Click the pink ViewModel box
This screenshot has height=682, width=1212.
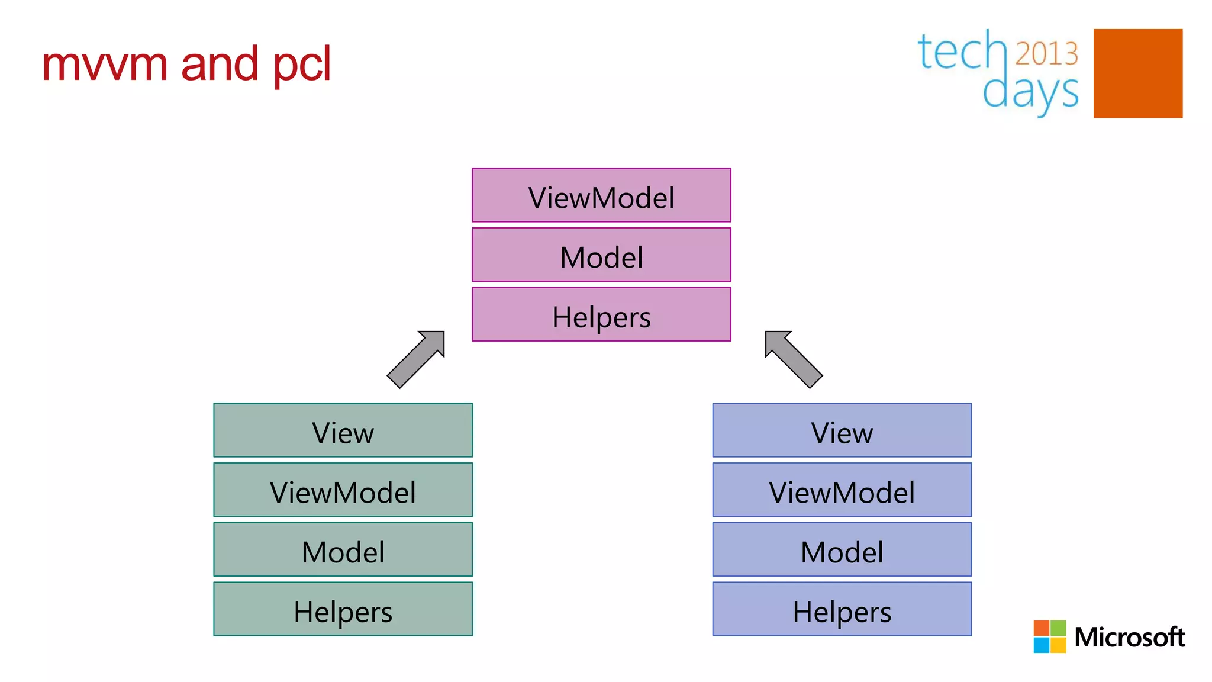click(x=601, y=195)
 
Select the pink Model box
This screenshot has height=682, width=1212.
click(x=601, y=255)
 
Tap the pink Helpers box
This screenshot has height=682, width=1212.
click(x=601, y=314)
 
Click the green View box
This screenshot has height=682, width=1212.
click(x=343, y=430)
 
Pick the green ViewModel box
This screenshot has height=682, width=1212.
click(x=343, y=490)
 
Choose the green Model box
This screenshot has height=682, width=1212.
click(x=343, y=549)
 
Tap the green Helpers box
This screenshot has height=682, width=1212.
click(x=343, y=609)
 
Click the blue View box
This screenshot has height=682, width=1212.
click(x=842, y=430)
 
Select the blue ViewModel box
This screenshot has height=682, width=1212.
click(x=842, y=490)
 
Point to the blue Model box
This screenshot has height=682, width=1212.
click(x=842, y=549)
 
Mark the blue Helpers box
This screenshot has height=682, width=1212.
click(x=842, y=609)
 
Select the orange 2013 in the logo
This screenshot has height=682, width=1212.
click(x=1046, y=53)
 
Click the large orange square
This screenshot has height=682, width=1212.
click(x=1137, y=73)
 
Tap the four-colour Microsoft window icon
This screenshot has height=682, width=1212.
click(x=1049, y=636)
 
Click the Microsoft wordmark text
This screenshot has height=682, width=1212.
click(x=1129, y=637)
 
